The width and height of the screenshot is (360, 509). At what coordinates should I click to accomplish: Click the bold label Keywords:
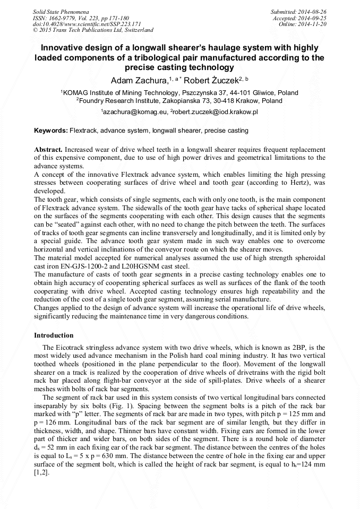tap(51, 130)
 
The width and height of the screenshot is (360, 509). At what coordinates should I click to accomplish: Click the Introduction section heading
tap(54, 335)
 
